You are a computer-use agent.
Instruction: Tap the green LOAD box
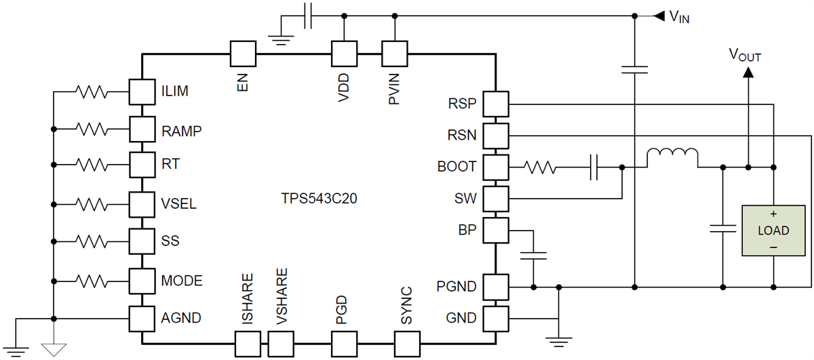pos(773,230)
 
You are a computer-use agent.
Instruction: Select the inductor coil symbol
pos(672,158)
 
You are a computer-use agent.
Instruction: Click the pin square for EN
pos(243,53)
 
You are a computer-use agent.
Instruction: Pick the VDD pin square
pos(344,53)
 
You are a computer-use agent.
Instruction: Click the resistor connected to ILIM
pos(91,90)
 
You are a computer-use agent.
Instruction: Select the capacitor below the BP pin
pos(535,257)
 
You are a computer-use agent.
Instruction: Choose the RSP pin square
pos(497,104)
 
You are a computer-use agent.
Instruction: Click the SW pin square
pos(497,199)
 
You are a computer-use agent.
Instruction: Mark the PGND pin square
pos(497,286)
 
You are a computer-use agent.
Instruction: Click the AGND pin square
pos(141,318)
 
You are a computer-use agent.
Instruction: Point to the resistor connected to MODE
pos(91,279)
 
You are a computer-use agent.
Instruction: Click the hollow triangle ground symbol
pos(53,349)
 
